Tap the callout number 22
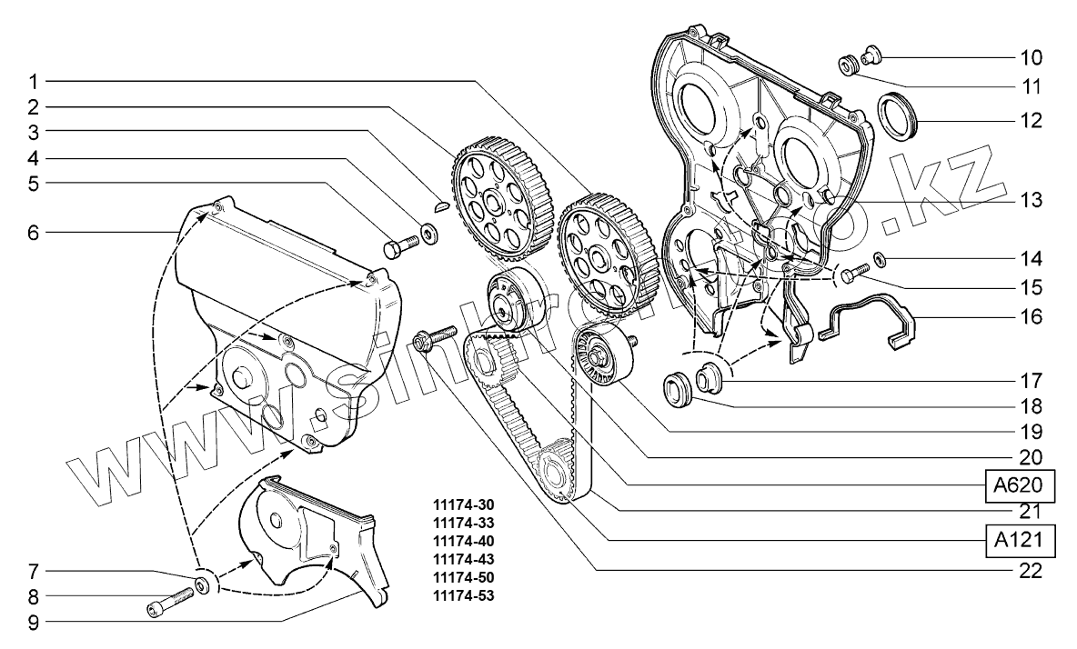click(1031, 572)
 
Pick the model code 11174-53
click(464, 596)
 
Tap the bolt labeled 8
click(169, 602)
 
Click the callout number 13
click(1031, 199)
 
